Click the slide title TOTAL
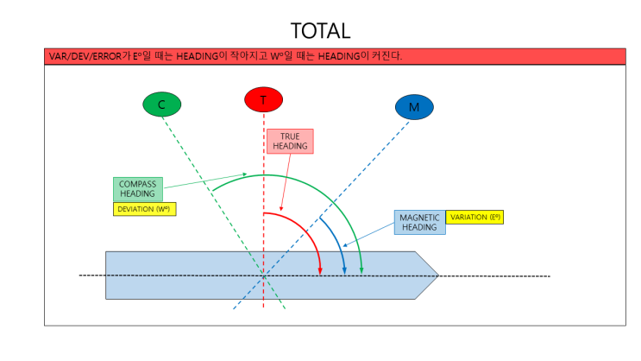coord(320,30)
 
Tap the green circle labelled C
coord(161,104)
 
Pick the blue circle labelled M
coord(414,107)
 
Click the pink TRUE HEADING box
coord(290,141)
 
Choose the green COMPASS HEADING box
coord(137,189)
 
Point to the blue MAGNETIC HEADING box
coord(420,222)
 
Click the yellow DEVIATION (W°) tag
coord(144,208)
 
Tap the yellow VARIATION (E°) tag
coord(474,217)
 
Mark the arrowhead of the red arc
coord(320,271)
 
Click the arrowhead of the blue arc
coord(345,271)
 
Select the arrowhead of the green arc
coord(361,271)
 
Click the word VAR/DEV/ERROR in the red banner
coord(81,56)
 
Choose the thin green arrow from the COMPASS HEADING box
coord(207,180)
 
